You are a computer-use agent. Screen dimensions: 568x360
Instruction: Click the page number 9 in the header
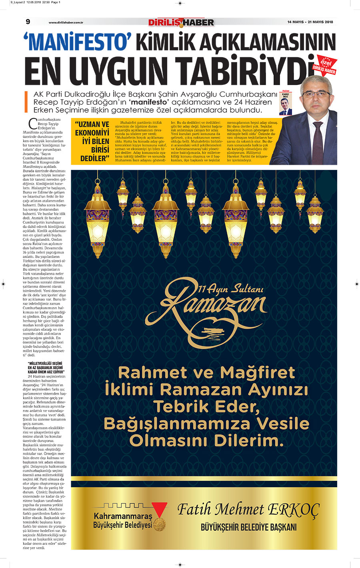coord(28,22)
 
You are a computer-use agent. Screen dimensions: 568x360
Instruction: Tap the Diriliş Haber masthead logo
coord(181,22)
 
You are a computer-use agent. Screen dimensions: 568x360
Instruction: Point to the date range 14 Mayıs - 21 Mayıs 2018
coord(310,22)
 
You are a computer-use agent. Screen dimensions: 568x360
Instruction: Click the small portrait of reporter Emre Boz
coord(286,106)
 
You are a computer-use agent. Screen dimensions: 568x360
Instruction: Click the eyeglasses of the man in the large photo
coord(316,94)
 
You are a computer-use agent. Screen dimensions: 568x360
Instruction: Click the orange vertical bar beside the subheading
coord(26,102)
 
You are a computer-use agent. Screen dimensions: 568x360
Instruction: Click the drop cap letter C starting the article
coord(33,124)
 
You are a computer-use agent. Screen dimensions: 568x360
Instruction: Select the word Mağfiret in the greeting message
coord(258,372)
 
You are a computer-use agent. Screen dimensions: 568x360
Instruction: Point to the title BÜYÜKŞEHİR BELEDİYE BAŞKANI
coord(248,527)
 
